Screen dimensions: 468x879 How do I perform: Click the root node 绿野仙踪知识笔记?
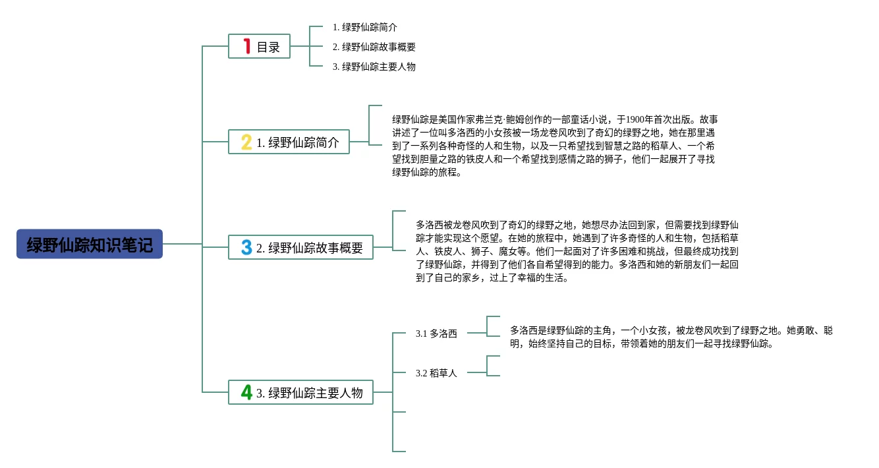pyautogui.click(x=90, y=245)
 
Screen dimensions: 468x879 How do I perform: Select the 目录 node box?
pyautogui.click(x=259, y=46)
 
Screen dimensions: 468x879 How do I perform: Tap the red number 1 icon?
pyautogui.click(x=247, y=46)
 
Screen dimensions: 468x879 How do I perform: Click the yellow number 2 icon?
pyautogui.click(x=246, y=142)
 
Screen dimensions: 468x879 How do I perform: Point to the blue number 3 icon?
pyautogui.click(x=246, y=247)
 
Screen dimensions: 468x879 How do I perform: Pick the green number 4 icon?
pyautogui.click(x=246, y=392)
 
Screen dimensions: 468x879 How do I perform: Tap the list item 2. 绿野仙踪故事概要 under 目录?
pyautogui.click(x=374, y=47)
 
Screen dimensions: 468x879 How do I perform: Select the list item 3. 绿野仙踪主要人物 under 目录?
pyautogui.click(x=374, y=67)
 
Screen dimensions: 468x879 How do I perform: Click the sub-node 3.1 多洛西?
pyautogui.click(x=436, y=334)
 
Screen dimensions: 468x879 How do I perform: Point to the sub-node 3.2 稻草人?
pyautogui.click(x=436, y=373)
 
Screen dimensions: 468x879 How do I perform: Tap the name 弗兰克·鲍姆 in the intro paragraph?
pyautogui.click(x=527, y=119)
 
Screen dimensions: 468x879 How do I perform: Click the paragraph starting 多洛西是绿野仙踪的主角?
pyautogui.click(x=671, y=337)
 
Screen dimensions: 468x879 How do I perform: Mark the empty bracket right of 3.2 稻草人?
pyautogui.click(x=493, y=366)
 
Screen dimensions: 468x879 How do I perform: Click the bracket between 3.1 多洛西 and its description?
pyautogui.click(x=493, y=326)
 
